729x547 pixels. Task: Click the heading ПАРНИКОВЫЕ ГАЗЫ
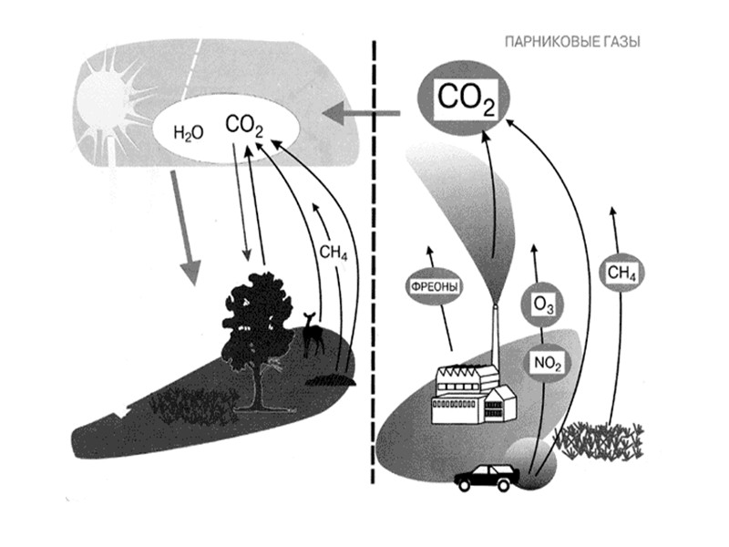click(x=571, y=42)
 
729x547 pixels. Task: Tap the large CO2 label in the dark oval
click(x=466, y=98)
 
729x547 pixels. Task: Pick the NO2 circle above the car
click(x=546, y=364)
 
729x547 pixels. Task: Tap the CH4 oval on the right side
click(x=621, y=273)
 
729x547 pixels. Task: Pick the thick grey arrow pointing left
click(x=362, y=114)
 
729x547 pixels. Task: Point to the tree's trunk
click(x=260, y=387)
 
